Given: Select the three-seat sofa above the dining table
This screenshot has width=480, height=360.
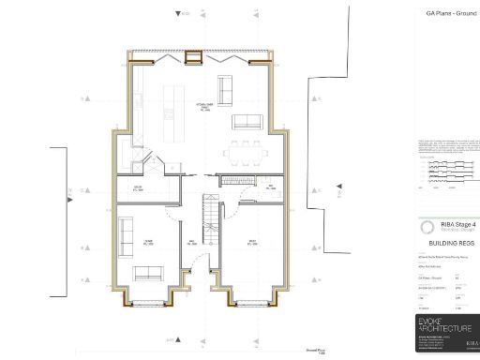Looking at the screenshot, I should (x=247, y=121).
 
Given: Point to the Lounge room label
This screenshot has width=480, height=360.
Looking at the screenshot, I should (x=148, y=242).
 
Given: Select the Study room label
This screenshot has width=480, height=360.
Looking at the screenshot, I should (x=252, y=242).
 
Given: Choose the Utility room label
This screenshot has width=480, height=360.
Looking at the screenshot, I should (x=137, y=188).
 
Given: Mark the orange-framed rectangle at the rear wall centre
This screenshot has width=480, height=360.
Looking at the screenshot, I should (x=195, y=59).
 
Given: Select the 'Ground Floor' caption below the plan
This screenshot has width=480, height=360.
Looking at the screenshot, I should (x=316, y=350).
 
